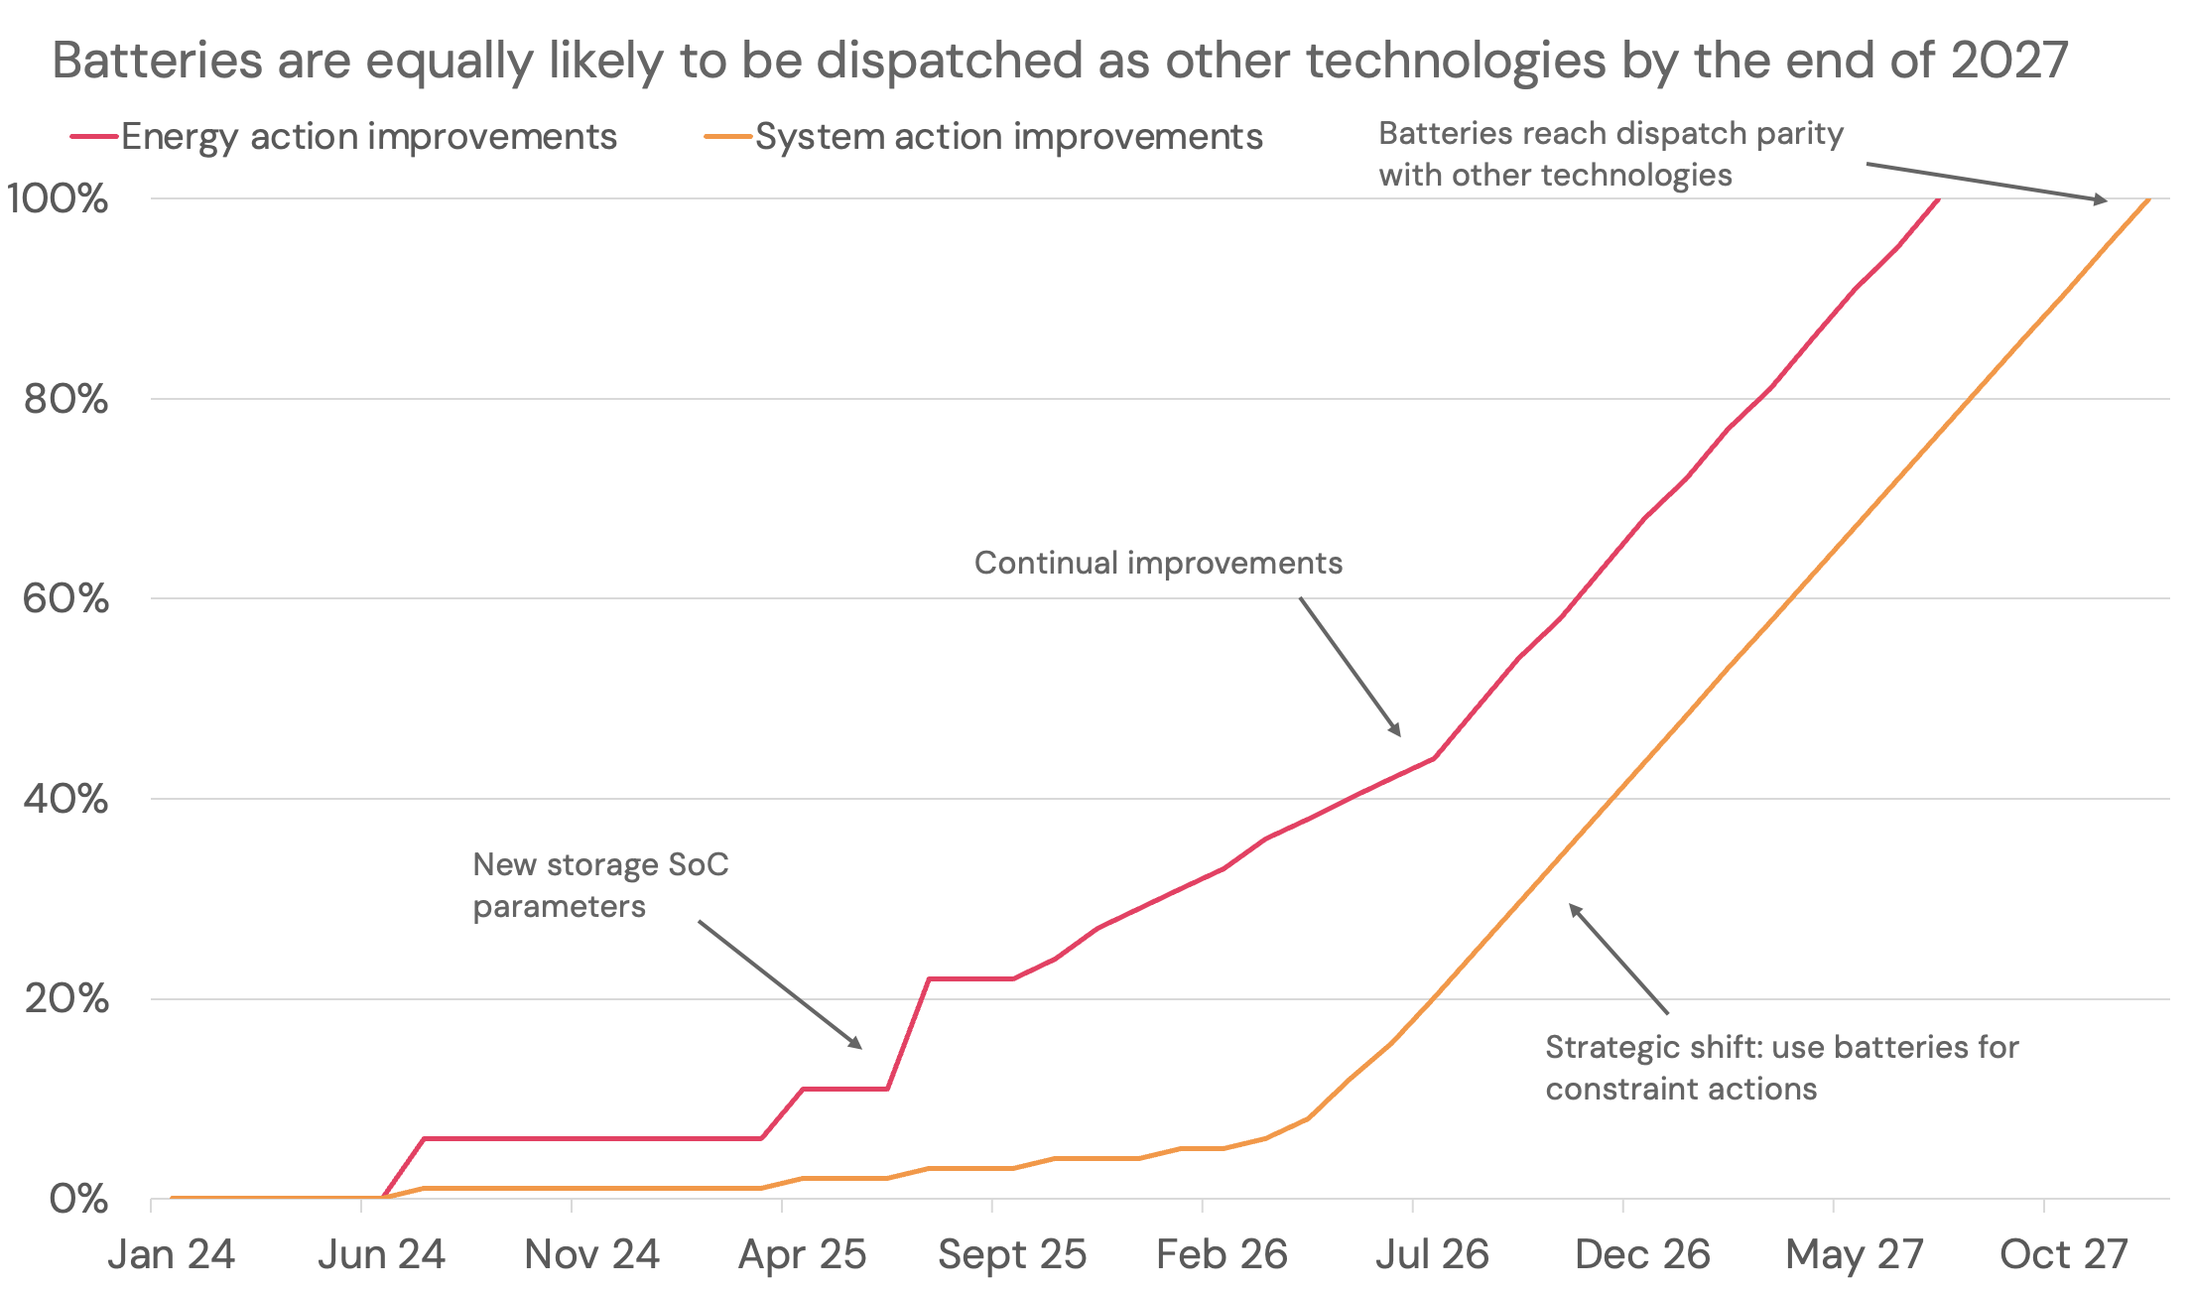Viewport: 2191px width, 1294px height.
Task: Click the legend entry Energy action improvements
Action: point(368,137)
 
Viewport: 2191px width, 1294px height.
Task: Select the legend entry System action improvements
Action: point(1008,137)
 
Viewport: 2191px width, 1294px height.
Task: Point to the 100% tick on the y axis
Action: point(58,198)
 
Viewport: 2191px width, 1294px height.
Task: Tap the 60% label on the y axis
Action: point(65,598)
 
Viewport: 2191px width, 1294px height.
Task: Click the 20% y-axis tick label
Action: point(65,998)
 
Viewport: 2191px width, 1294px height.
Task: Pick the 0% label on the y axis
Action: point(78,1199)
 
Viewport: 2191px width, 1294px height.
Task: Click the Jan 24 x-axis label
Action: point(171,1254)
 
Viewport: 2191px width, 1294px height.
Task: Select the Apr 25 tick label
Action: point(802,1254)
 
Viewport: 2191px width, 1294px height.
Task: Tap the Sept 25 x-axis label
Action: point(1012,1254)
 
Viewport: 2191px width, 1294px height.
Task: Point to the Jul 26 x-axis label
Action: point(1432,1254)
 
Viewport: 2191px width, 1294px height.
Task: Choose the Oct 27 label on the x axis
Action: point(2063,1254)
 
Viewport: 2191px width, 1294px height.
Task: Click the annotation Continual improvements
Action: point(1158,563)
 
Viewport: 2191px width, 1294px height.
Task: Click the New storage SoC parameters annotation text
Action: point(600,885)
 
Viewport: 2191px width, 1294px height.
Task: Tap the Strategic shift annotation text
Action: point(1781,1068)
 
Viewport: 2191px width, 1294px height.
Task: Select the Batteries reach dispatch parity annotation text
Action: point(1611,154)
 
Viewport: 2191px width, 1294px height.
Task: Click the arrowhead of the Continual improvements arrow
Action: point(1397,732)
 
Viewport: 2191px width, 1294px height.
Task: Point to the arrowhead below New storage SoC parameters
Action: point(858,1046)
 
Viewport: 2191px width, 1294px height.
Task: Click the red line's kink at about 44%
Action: point(1434,758)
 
